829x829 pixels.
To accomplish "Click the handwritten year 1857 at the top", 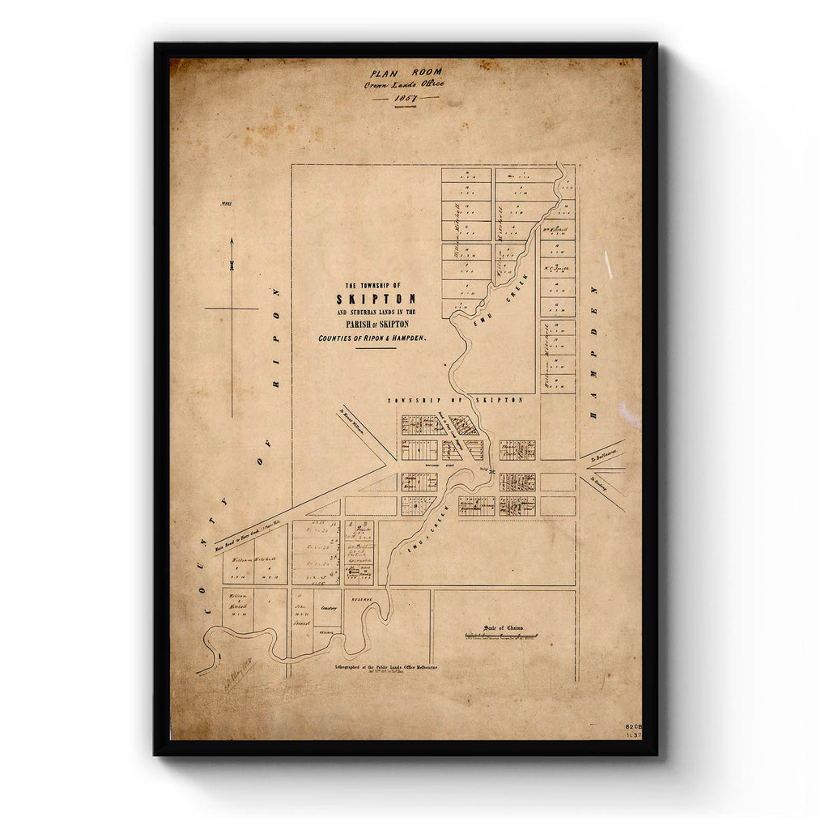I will (x=405, y=98).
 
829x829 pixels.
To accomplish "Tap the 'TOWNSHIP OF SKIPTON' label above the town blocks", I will (x=455, y=401).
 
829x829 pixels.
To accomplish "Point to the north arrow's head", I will (x=232, y=242).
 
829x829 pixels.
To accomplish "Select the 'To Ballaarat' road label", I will (x=604, y=457).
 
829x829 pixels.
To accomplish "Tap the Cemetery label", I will (x=326, y=606).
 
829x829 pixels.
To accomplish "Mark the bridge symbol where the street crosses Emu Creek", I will (x=491, y=470).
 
